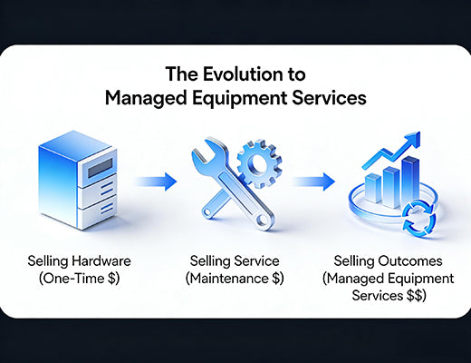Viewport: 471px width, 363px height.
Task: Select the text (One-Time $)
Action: click(x=79, y=279)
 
